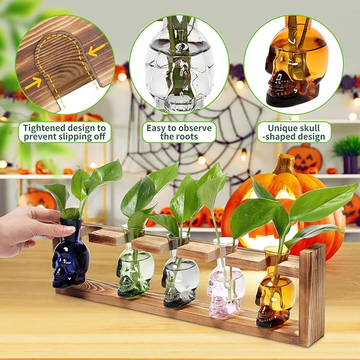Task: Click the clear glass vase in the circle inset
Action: [180, 66]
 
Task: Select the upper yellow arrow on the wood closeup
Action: [96, 50]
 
